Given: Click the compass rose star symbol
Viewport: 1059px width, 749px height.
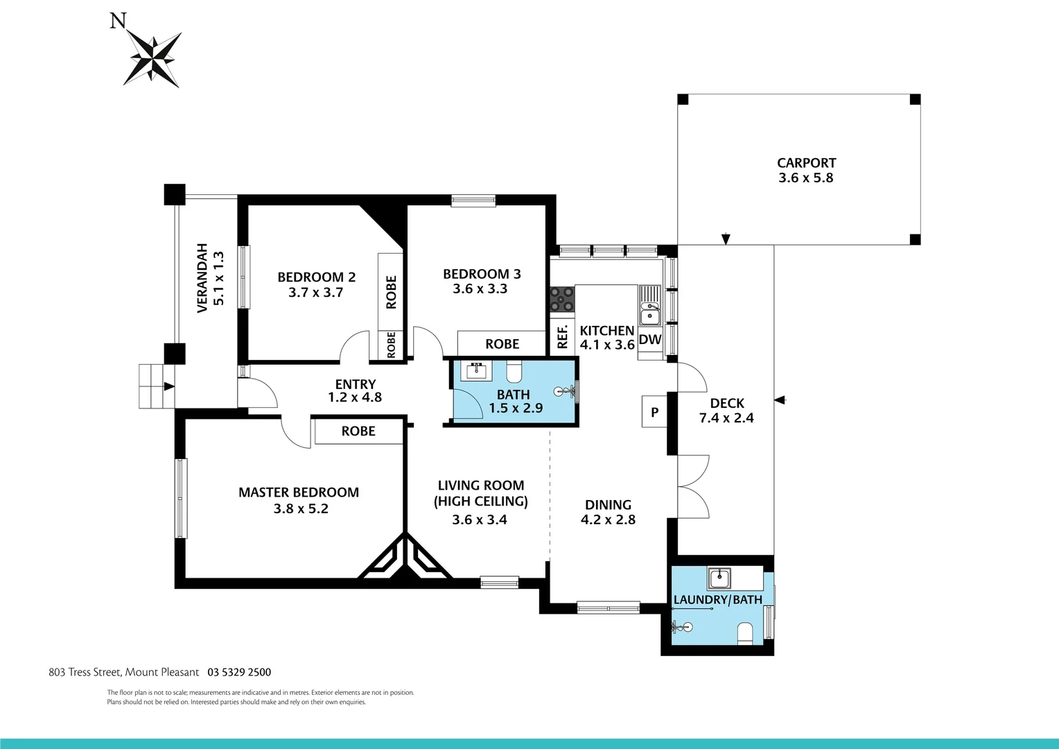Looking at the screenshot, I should click(x=152, y=59).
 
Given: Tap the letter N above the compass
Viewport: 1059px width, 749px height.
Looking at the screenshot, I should click(x=119, y=21).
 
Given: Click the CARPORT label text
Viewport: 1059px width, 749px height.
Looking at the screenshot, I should click(x=806, y=163).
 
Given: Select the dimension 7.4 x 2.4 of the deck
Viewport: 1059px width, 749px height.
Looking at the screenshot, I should click(x=726, y=418).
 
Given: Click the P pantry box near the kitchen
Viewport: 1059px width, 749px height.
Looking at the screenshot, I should click(x=654, y=413).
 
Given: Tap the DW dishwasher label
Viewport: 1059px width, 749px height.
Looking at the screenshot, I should click(x=650, y=340).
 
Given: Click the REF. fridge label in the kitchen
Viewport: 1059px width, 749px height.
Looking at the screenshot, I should click(x=562, y=337).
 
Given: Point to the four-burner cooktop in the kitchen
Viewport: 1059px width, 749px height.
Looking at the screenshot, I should click(x=562, y=299).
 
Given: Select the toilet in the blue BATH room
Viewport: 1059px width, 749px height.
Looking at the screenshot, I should click(x=514, y=373).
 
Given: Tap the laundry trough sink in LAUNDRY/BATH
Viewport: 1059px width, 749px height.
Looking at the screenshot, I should click(x=719, y=577).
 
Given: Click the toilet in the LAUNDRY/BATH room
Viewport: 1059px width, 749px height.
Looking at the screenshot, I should click(x=745, y=632).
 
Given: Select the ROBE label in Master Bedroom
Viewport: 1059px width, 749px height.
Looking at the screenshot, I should click(x=358, y=431).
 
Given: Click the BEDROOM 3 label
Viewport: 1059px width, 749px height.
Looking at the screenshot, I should click(x=482, y=274).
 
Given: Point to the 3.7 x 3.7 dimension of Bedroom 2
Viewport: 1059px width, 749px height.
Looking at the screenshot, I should click(x=316, y=293).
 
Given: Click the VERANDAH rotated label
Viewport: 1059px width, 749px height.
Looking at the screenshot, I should click(x=202, y=278).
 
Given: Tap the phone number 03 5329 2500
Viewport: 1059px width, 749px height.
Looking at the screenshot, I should click(x=239, y=672).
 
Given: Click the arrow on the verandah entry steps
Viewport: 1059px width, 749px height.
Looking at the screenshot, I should click(x=168, y=387).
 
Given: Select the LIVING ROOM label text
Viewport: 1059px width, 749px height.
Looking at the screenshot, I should click(x=481, y=485).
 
